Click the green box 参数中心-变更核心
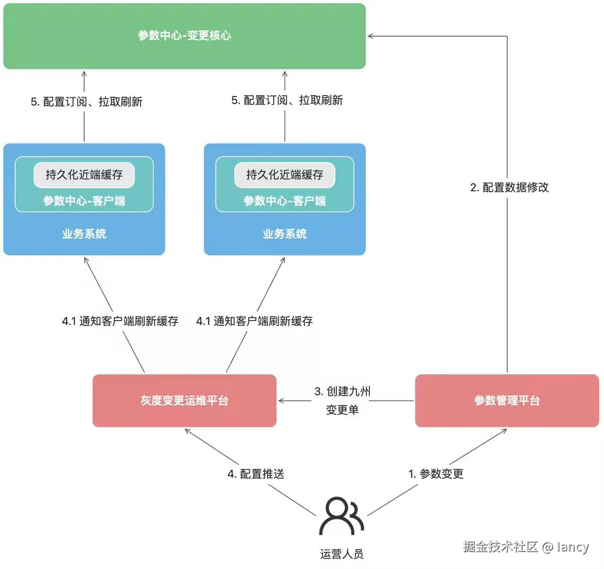coord(184,36)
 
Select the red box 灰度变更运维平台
coord(184,400)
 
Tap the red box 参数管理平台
coord(507,400)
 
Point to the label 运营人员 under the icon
coord(342,554)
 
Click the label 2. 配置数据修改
coord(509,188)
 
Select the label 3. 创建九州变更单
coord(342,400)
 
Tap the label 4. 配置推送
coord(256,474)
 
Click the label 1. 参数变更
coord(436,474)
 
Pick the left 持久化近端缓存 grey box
coord(84,175)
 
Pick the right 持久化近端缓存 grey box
coord(284,175)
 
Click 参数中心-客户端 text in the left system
coord(84,201)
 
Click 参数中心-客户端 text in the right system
coord(284,201)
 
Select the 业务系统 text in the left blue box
coord(84,234)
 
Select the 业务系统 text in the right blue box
coord(284,234)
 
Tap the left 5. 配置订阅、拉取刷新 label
coord(87,102)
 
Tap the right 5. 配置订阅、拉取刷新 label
coord(287,100)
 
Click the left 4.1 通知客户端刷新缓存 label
coord(120,321)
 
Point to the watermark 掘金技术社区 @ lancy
coord(525,547)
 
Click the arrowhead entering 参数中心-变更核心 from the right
coord(371,36)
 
